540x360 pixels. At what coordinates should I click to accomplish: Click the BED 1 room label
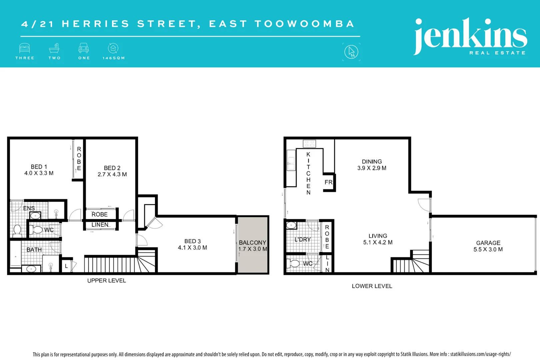tap(39, 167)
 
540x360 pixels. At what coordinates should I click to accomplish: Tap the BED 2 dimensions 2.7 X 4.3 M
tap(112, 174)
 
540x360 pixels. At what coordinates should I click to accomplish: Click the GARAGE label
tap(488, 243)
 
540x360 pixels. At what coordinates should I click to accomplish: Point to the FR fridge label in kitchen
tap(328, 182)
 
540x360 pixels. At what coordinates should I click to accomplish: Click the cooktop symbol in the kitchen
tap(309, 144)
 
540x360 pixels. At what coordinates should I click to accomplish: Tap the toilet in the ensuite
tap(17, 230)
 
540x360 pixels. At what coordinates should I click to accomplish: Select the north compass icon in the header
tap(351, 52)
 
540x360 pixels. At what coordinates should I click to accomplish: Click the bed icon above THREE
tap(25, 48)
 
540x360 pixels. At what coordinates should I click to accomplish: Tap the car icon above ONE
tap(84, 48)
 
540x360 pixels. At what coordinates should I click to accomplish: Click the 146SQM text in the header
tap(114, 58)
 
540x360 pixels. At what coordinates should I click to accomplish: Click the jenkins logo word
tap(470, 35)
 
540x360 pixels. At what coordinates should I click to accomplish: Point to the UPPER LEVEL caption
tap(107, 281)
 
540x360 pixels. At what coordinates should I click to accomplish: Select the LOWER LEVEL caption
tap(372, 286)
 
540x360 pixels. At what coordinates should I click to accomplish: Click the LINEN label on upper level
tap(100, 225)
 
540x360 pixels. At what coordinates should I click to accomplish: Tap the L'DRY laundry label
tap(302, 239)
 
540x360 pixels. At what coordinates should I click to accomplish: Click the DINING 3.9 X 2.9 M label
tap(372, 165)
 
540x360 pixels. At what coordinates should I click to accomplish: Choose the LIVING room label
tap(378, 236)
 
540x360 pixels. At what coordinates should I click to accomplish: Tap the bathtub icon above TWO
tap(54, 48)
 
